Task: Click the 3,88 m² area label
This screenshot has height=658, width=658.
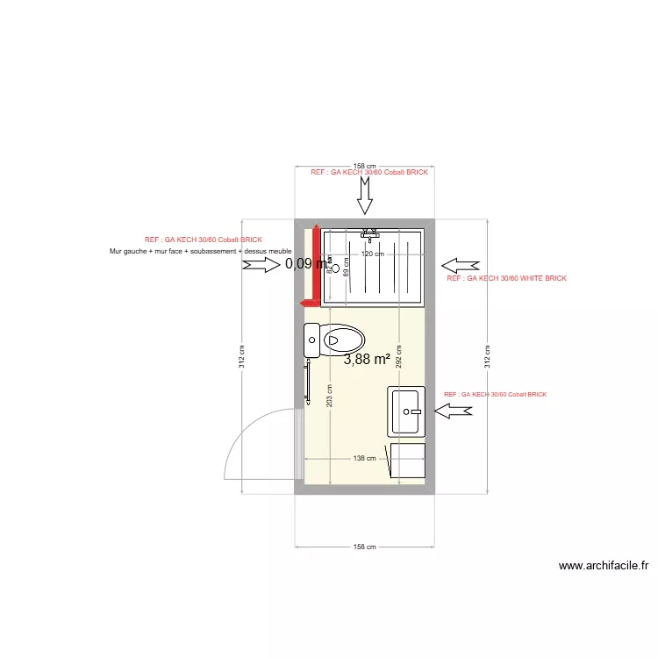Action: (x=367, y=359)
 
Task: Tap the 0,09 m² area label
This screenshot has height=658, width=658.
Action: (x=307, y=262)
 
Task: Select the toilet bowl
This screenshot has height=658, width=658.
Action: (x=343, y=340)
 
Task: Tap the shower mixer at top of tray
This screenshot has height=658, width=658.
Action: (x=371, y=234)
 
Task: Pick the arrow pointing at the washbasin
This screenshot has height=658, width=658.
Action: (x=454, y=411)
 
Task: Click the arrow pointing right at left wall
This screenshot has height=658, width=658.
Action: (x=261, y=264)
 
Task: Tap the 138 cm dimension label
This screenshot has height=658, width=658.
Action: (x=365, y=458)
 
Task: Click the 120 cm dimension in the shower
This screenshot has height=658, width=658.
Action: (x=374, y=254)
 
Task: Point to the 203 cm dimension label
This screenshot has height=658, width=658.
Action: (x=329, y=395)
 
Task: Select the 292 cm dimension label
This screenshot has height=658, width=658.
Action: (x=398, y=355)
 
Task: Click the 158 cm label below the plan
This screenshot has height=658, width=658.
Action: (x=365, y=547)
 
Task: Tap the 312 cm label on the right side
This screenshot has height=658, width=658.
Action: (x=488, y=355)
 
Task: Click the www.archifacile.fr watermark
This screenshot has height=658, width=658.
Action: (x=604, y=567)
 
